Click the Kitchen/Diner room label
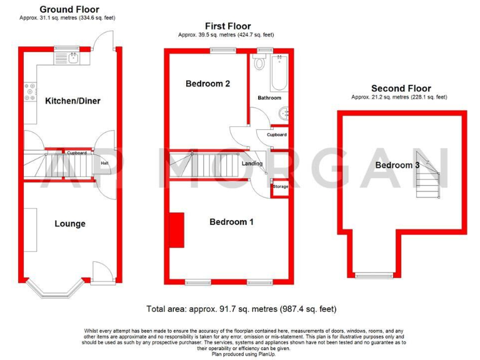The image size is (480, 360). coord(72,101)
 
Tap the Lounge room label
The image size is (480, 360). coord(69,224)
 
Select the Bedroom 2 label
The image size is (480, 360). coord(204,84)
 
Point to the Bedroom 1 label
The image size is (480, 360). coord(231,222)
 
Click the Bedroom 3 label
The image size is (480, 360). coord(397,165)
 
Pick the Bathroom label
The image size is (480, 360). coord(269,98)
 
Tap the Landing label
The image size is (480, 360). coord(252,164)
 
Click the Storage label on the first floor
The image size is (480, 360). coord(280,186)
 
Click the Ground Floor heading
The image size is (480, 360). coord(69,9)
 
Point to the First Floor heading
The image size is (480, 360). coord(227,26)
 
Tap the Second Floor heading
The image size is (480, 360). coord(401,89)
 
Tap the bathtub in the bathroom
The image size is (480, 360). coord(278,74)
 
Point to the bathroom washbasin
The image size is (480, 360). coord(285,113)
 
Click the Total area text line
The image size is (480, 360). coord(241,308)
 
